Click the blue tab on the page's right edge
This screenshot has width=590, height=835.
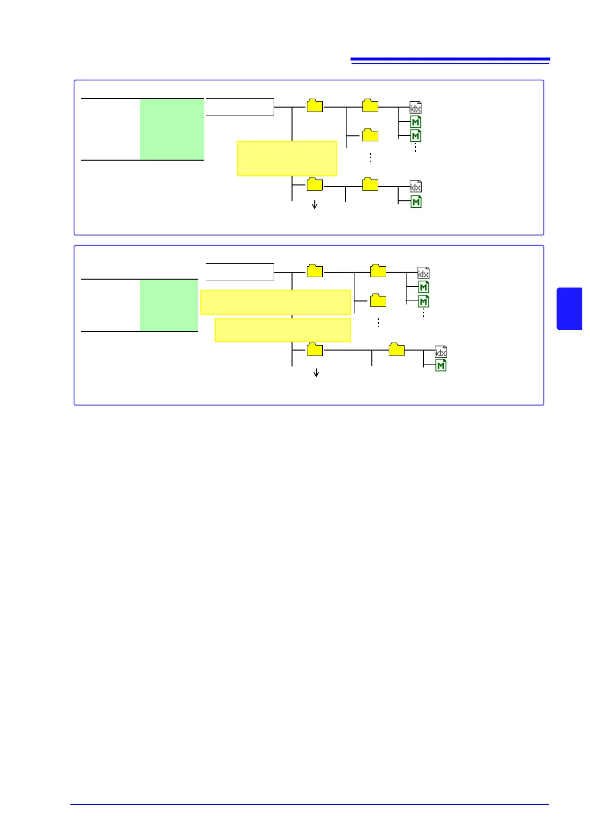point(569,308)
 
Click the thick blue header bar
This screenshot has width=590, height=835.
point(450,60)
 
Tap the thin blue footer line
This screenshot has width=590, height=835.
point(309,804)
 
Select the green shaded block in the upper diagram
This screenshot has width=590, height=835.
point(172,129)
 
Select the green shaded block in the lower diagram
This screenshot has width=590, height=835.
point(169,305)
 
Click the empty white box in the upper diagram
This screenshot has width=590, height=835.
point(239,107)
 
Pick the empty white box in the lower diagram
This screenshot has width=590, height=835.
point(239,272)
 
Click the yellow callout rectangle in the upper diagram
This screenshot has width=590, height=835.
point(287,159)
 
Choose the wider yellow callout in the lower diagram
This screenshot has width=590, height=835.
point(275,302)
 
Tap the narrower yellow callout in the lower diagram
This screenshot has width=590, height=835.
point(283,330)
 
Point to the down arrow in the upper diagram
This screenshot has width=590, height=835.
point(314,204)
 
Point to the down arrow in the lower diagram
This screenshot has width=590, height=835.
point(316,372)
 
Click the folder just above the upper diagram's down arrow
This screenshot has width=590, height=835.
point(315,184)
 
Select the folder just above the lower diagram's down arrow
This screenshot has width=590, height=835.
point(315,350)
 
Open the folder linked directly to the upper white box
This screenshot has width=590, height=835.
point(315,106)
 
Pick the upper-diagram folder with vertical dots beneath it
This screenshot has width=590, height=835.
point(370,135)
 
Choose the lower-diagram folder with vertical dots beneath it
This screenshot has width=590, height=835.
point(378,300)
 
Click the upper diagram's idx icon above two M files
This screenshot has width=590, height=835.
point(415,107)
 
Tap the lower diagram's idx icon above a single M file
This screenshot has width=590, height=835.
point(441,352)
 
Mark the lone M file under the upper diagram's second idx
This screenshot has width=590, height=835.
point(416,202)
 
